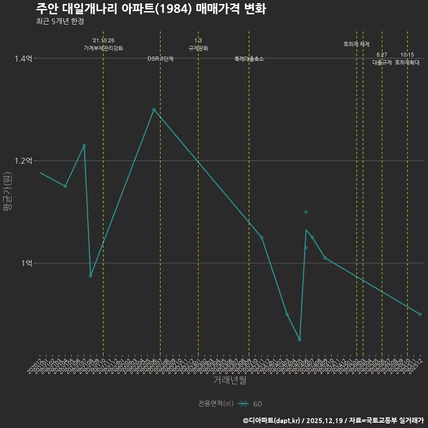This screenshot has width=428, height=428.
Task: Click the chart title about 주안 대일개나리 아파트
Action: pyautogui.click(x=151, y=9)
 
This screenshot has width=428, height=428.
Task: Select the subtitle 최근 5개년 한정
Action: pyautogui.click(x=60, y=21)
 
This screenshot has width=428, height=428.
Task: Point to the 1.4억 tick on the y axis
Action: pyautogui.click(x=23, y=58)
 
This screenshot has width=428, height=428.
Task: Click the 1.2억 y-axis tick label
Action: pyautogui.click(x=23, y=161)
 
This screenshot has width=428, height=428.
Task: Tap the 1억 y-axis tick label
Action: pyautogui.click(x=26, y=263)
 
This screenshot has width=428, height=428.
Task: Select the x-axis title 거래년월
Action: pyautogui.click(x=230, y=380)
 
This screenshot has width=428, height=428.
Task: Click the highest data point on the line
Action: pyautogui.click(x=154, y=109)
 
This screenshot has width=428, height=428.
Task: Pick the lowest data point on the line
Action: pyautogui.click(x=300, y=340)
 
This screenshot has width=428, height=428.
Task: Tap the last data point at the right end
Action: pyautogui.click(x=420, y=314)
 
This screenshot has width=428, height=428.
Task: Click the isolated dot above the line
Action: pyautogui.click(x=306, y=212)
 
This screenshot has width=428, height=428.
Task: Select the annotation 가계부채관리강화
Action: pyautogui.click(x=103, y=48)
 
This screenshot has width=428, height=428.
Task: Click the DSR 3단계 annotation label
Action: pyautogui.click(x=160, y=59)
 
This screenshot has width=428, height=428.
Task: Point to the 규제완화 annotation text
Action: pyautogui.click(x=198, y=48)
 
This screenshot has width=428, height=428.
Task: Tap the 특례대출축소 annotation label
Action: pyautogui.click(x=249, y=59)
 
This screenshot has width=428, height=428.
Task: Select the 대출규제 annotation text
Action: pyautogui.click(x=382, y=63)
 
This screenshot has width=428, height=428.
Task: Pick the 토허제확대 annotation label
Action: pyautogui.click(x=407, y=63)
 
